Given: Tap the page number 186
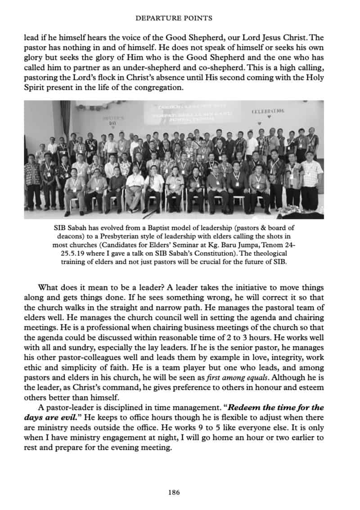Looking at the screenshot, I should tap(174, 492).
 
